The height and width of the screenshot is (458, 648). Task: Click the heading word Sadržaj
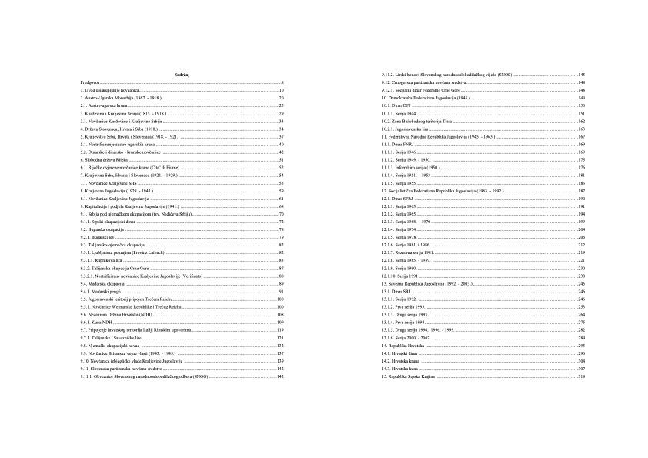[x=182, y=74]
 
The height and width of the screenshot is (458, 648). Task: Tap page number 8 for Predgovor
[x=283, y=82]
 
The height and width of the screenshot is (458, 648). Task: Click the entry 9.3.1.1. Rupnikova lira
[x=104, y=261]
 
